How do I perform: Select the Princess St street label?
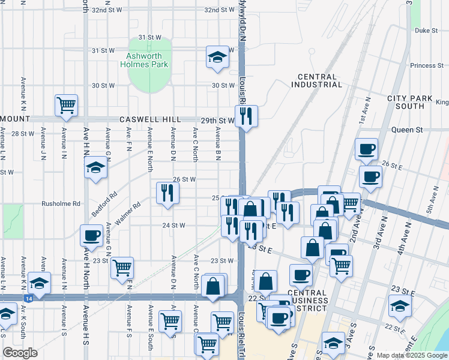point(426,65)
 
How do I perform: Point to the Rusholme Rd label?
point(61,203)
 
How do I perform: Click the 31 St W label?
point(149,37)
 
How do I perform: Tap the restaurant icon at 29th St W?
point(246,115)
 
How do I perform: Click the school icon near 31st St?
point(217,57)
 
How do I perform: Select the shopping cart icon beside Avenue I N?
point(66,105)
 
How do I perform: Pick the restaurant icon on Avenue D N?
point(167,193)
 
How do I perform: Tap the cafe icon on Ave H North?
point(91,235)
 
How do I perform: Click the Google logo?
point(20,353)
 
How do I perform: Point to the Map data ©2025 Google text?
point(411,355)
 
